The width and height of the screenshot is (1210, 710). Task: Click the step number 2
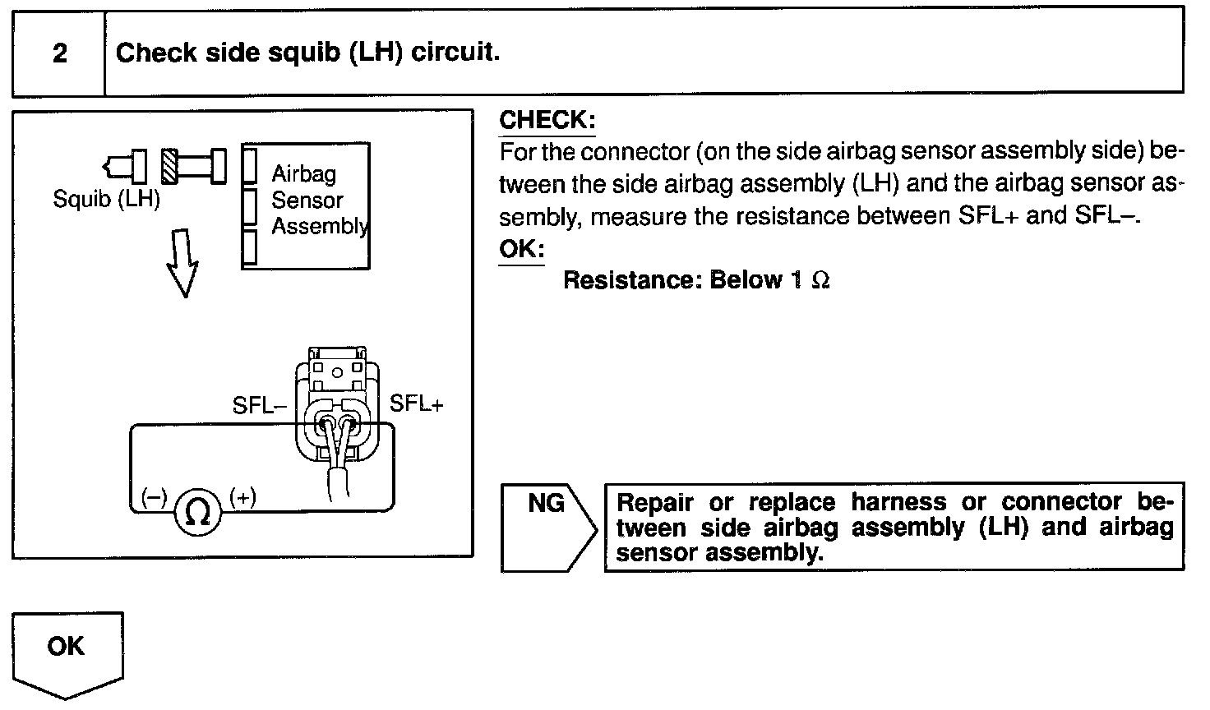pyautogui.click(x=59, y=53)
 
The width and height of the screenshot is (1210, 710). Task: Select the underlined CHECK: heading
pyautogui.click(x=547, y=120)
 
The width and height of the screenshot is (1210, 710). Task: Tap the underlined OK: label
pyautogui.click(x=521, y=248)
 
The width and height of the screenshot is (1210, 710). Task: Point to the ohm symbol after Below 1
pyautogui.click(x=820, y=281)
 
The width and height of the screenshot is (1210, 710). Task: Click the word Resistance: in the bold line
pyautogui.click(x=631, y=280)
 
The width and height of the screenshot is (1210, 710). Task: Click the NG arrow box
pyautogui.click(x=547, y=527)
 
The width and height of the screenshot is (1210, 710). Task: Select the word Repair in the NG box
pyautogui.click(x=655, y=502)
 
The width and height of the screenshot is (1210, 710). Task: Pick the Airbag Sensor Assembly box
pyautogui.click(x=305, y=205)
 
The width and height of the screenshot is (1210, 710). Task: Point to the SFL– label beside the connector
pyautogui.click(x=259, y=406)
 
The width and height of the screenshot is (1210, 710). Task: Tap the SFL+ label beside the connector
pyautogui.click(x=416, y=403)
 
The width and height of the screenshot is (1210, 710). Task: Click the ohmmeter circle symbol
pyautogui.click(x=198, y=512)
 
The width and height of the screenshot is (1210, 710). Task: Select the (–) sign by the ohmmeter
pyautogui.click(x=154, y=497)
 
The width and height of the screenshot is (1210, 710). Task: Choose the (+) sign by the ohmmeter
pyautogui.click(x=242, y=497)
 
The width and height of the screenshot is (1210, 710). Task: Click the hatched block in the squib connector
pyautogui.click(x=170, y=166)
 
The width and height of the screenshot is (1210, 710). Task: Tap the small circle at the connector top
pyautogui.click(x=337, y=371)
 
